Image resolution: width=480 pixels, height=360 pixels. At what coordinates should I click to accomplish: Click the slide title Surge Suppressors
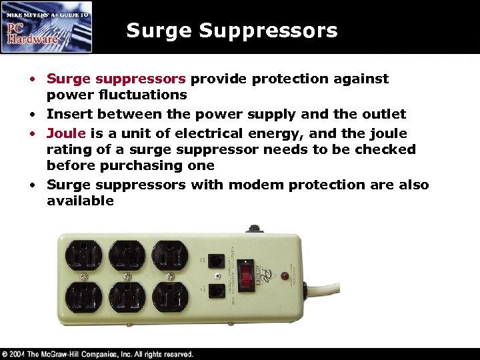click(231, 31)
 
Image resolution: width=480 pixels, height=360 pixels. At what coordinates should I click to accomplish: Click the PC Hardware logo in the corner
click(47, 27)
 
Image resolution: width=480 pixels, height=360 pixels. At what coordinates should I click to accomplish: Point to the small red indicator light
click(284, 275)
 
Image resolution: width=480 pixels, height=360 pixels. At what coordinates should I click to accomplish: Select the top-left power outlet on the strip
click(83, 254)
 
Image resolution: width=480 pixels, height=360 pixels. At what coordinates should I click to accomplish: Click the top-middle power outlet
click(126, 254)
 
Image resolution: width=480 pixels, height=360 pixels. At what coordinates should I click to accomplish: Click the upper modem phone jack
click(215, 260)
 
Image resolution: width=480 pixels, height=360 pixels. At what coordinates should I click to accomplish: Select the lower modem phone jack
click(215, 291)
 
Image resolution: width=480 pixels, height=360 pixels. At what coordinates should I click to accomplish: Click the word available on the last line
click(80, 201)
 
